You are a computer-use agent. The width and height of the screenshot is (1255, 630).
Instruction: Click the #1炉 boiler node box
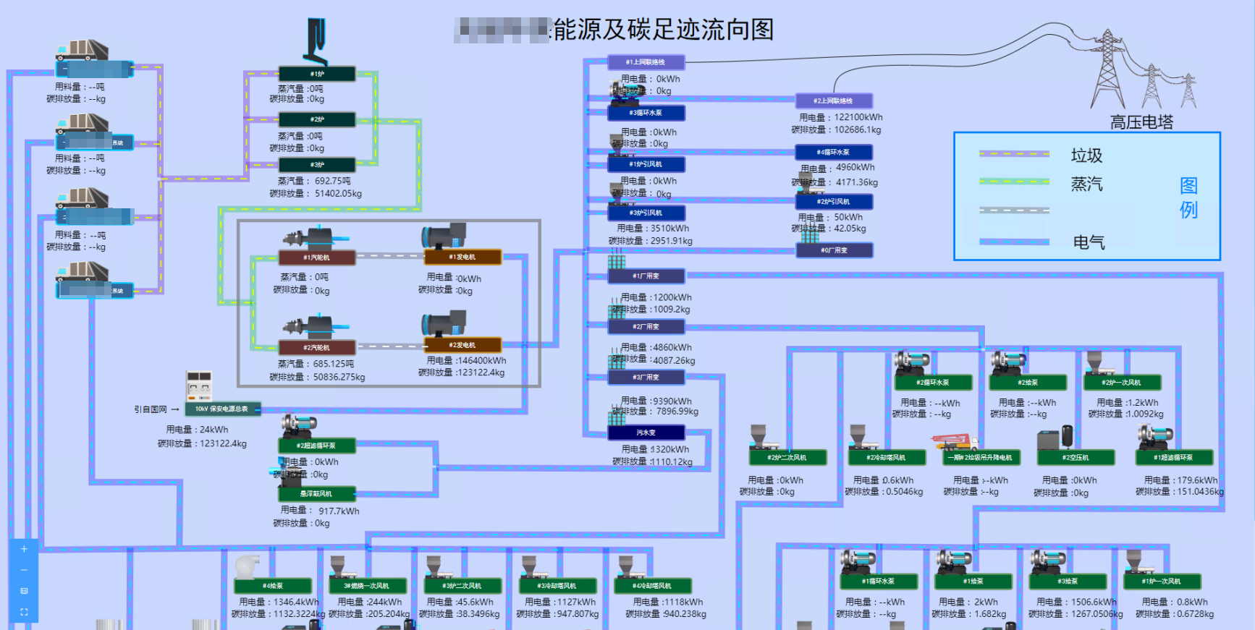click(317, 74)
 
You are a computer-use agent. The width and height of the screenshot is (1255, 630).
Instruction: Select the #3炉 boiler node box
click(317, 165)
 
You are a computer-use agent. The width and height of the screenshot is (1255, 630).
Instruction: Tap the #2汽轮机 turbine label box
click(317, 348)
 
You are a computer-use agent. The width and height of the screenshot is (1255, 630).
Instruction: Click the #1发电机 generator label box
click(462, 257)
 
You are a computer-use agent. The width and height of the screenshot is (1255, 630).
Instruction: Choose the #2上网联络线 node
click(833, 101)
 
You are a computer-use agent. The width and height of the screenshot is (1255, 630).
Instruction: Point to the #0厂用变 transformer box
click(834, 250)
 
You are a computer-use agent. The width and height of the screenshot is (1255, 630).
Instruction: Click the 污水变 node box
click(646, 433)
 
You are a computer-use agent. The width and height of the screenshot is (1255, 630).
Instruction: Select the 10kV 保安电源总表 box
click(221, 409)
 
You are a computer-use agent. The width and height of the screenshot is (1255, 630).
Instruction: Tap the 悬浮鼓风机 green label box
click(316, 494)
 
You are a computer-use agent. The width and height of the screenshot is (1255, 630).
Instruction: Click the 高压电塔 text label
click(1141, 122)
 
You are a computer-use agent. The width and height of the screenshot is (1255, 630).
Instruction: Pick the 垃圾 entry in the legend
click(1086, 156)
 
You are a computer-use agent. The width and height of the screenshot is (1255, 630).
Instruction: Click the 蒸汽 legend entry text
click(1086, 184)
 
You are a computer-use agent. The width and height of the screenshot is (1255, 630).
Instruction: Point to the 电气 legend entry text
click(1089, 242)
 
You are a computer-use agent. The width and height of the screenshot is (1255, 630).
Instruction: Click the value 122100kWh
click(858, 117)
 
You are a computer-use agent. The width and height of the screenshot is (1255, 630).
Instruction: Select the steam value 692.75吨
click(332, 181)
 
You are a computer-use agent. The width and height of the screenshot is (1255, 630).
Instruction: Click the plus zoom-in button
click(24, 549)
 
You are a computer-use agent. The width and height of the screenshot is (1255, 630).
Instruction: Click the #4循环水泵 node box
click(834, 153)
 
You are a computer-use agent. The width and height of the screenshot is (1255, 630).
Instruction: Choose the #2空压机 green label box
click(1076, 458)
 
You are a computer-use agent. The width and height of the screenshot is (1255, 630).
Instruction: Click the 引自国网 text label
click(151, 409)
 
